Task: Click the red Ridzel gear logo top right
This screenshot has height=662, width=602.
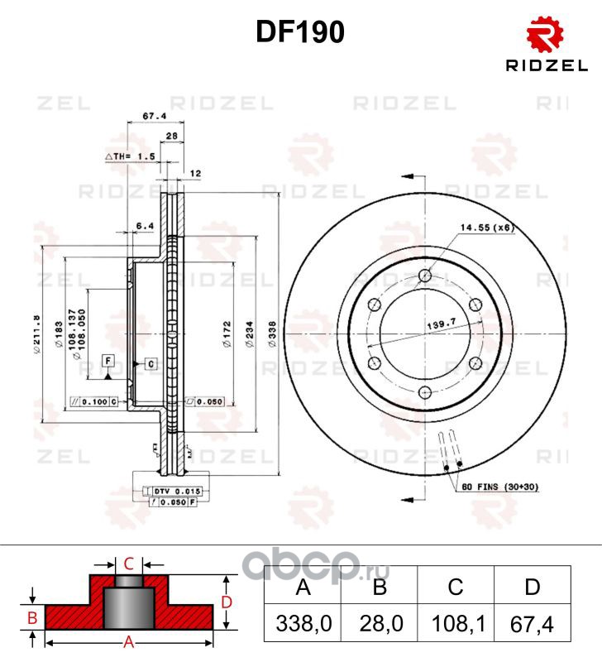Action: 546,34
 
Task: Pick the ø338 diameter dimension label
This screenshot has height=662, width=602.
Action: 271,332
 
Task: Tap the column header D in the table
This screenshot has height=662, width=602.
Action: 532,588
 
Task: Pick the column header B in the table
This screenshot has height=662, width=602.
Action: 379,588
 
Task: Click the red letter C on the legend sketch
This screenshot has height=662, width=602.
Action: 128,564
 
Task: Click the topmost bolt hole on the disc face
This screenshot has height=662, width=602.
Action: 425,276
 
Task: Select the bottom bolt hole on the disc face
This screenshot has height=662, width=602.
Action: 425,392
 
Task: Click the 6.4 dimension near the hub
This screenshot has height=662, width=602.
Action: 145,225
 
